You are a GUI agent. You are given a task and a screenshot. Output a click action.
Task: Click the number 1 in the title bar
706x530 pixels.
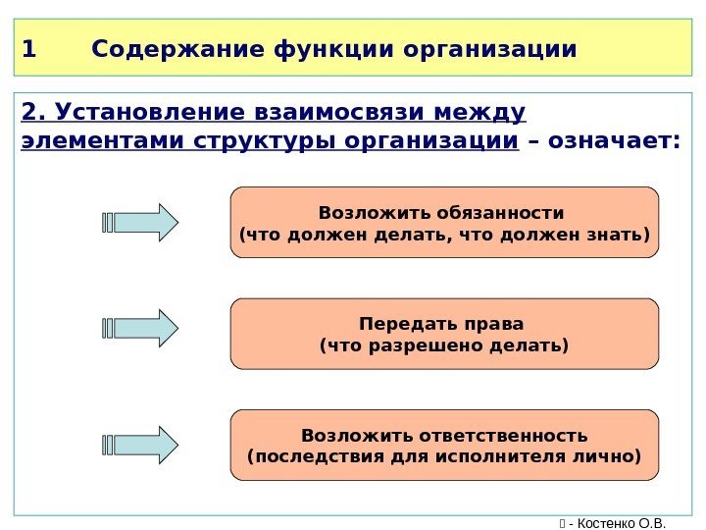[x=27, y=48]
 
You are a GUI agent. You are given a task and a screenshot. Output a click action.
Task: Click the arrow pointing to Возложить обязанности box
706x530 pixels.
[x=141, y=223]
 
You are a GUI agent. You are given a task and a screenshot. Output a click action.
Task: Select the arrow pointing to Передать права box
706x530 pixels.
[x=141, y=328]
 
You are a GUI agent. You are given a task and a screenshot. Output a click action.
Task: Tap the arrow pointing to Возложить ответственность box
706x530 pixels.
[x=141, y=445]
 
